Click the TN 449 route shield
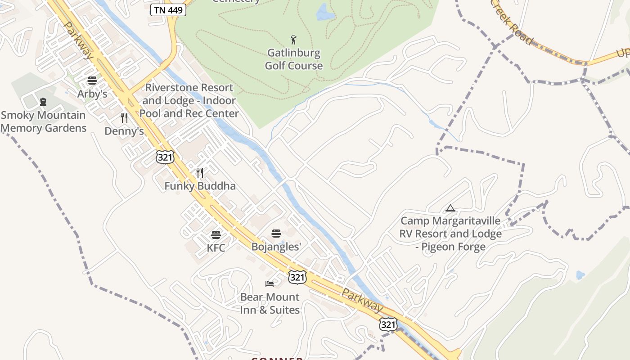click(168, 9)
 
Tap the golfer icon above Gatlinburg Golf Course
click(293, 40)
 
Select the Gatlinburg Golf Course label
click(293, 59)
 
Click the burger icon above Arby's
click(92, 81)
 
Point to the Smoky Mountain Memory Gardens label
click(43, 121)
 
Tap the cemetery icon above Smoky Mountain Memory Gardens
click(43, 102)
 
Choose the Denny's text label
click(124, 131)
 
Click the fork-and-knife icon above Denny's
click(124, 118)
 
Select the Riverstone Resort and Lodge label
click(189, 100)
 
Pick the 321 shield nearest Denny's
click(165, 157)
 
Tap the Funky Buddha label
click(200, 186)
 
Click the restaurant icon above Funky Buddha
click(200, 173)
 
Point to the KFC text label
click(216, 248)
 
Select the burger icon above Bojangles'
click(276, 234)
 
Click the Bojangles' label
click(276, 247)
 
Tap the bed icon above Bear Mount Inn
click(270, 283)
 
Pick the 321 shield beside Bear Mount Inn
click(297, 277)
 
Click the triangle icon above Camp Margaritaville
click(450, 208)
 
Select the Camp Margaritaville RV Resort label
click(450, 234)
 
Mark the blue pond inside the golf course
click(325, 13)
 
